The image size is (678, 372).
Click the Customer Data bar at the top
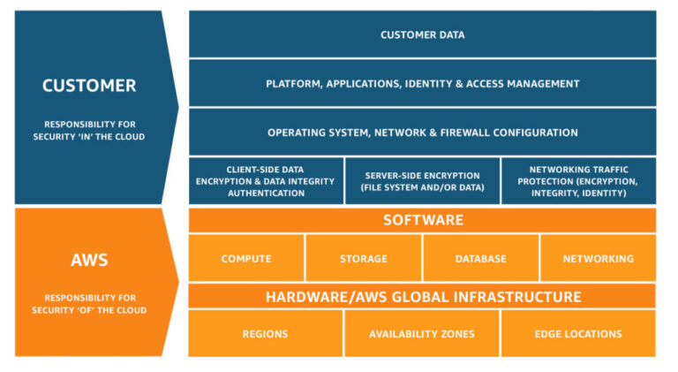pos(422,35)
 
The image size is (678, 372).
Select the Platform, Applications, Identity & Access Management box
pos(422,84)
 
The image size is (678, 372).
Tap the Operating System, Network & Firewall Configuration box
pos(422,133)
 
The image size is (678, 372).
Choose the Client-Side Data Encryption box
pos(266,181)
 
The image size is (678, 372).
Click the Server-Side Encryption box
pos(421,181)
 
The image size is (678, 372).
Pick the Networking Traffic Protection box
pos(578,181)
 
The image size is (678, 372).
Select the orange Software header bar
pos(422,220)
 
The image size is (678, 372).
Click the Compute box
pos(246,259)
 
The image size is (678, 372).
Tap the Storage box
pos(363,259)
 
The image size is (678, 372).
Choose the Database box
pos(480,259)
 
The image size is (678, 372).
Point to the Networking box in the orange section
pos(598,259)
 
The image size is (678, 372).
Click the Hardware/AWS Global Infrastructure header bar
pos(422,297)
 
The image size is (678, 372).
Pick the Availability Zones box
pos(421,334)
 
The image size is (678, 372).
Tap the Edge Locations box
pos(578,334)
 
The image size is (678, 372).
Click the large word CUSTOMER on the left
pos(89,86)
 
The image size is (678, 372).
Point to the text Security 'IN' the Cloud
pos(89,137)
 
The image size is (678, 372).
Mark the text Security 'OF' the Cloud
pos(89,310)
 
